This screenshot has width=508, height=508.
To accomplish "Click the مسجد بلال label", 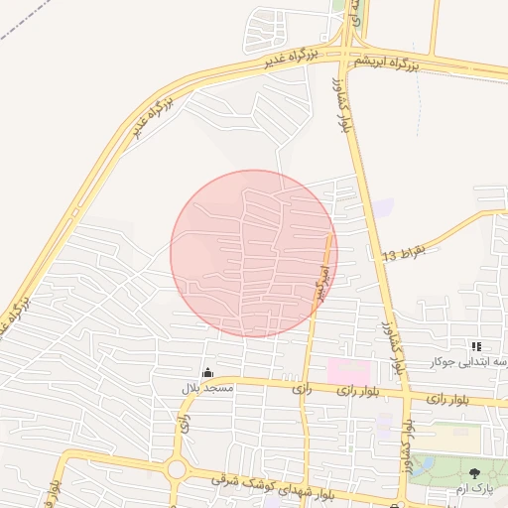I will tap(205, 388).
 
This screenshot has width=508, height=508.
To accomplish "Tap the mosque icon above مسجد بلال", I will tap(206, 373).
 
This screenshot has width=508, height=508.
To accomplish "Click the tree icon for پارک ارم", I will tap(474, 474).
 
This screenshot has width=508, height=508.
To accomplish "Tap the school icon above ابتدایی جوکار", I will tap(476, 346).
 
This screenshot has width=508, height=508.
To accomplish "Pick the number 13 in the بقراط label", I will tap(389, 257).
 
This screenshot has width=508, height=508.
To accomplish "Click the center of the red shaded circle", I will tap(254, 253).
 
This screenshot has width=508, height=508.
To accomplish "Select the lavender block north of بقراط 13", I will tap(382, 208).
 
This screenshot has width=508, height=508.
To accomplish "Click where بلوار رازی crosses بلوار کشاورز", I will tap(405, 395).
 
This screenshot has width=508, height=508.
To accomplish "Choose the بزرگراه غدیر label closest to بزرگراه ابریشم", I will tap(290, 59).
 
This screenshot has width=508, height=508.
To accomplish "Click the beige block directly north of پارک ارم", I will tap(452, 436).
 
